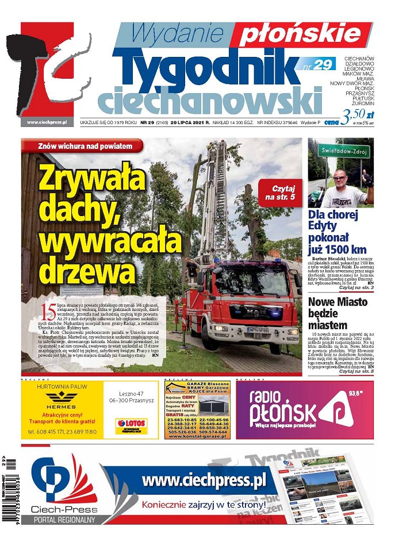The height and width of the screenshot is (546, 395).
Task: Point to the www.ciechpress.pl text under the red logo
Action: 46,122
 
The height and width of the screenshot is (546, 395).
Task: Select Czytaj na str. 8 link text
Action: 356,371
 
